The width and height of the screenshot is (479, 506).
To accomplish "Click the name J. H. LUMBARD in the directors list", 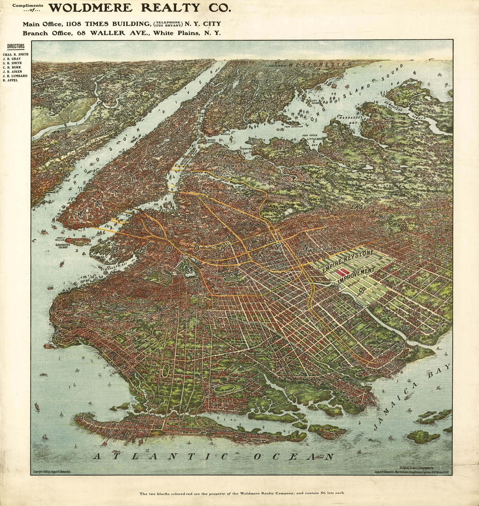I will tap(15, 76).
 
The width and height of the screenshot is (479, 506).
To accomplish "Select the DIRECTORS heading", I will tap(15, 47).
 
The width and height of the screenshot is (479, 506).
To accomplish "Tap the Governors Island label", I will tap(62, 246).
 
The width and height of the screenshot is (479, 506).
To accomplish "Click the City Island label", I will tap(315, 101).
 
